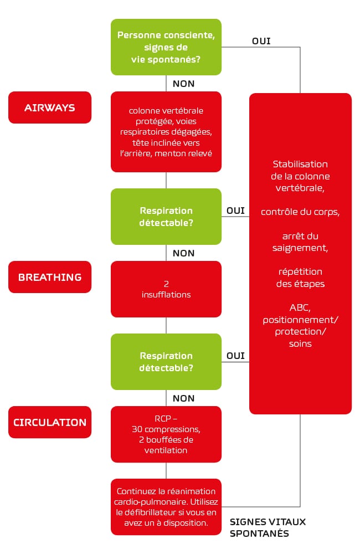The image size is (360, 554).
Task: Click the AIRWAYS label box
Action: [x=50, y=107]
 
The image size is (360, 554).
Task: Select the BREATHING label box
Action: [x=50, y=277]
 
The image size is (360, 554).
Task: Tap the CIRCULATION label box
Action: [x=50, y=422]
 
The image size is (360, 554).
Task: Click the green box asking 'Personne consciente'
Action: [x=166, y=47]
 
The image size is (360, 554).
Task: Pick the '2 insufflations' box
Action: [x=166, y=289]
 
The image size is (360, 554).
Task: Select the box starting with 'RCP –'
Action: [x=166, y=434]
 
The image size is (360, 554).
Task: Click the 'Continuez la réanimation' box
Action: [x=166, y=507]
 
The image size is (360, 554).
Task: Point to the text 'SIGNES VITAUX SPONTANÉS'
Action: [x=268, y=527]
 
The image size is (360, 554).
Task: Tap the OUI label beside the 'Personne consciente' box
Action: [x=261, y=41]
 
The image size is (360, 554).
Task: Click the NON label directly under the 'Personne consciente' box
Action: [x=183, y=84]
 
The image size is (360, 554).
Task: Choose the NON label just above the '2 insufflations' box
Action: [x=183, y=253]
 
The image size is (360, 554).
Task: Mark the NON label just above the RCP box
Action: [x=183, y=398]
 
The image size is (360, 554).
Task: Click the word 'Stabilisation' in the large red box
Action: [x=300, y=164]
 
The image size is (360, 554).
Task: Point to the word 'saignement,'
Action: [x=300, y=248]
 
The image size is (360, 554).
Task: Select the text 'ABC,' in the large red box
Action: [x=300, y=307]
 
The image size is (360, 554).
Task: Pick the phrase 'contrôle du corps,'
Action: [x=300, y=212]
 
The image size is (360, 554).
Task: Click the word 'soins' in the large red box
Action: [x=300, y=344]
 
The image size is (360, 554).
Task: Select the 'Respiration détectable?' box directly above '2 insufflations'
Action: [x=166, y=217]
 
